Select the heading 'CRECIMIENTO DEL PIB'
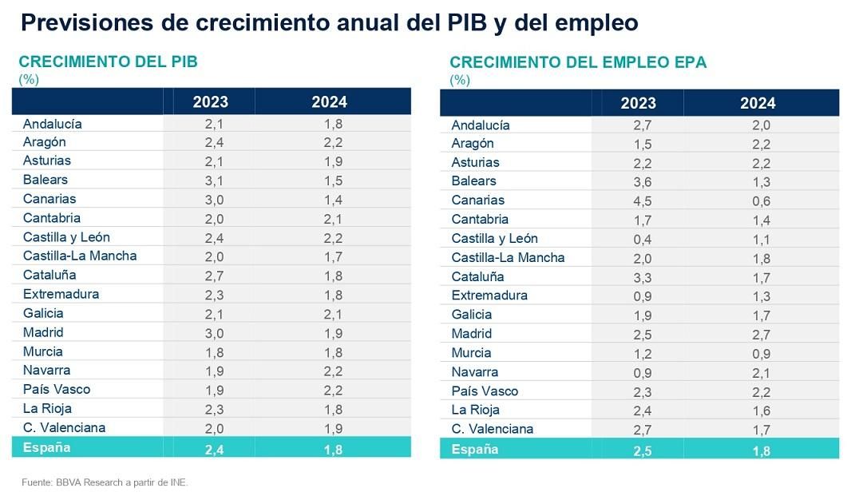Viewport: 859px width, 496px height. [108, 62]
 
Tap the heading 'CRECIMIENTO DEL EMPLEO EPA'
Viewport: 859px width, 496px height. [578, 62]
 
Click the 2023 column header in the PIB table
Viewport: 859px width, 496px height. [210, 101]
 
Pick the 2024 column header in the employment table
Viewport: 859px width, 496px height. [758, 103]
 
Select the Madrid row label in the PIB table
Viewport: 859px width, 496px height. [43, 332]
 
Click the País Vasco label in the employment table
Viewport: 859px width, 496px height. [485, 391]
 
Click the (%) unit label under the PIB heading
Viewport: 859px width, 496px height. [29, 79]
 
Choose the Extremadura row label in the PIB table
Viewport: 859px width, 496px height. [61, 294]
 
